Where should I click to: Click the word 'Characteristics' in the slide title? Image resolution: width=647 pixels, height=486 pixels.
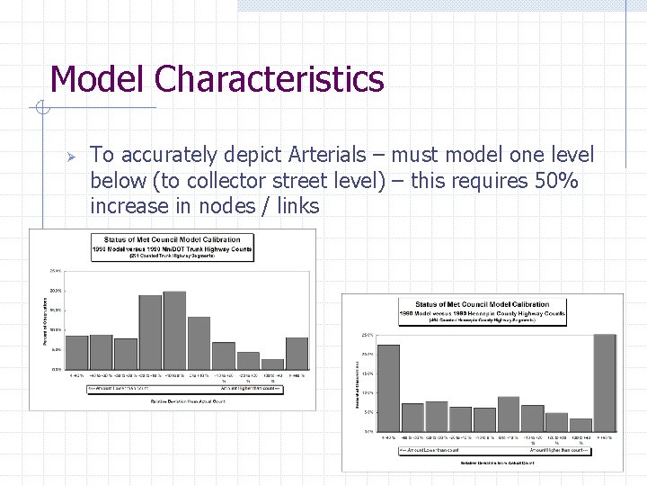[269, 79]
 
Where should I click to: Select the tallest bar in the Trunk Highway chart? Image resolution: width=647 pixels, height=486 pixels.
[174, 329]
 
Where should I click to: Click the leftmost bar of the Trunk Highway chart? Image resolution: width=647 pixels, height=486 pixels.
[77, 352]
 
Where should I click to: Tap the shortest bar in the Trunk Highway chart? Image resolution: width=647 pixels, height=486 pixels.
[272, 364]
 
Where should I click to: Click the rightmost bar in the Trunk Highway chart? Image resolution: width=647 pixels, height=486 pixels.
[297, 353]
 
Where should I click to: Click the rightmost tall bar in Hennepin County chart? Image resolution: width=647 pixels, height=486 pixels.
[605, 382]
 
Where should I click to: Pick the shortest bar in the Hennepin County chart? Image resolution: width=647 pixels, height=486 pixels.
[581, 424]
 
